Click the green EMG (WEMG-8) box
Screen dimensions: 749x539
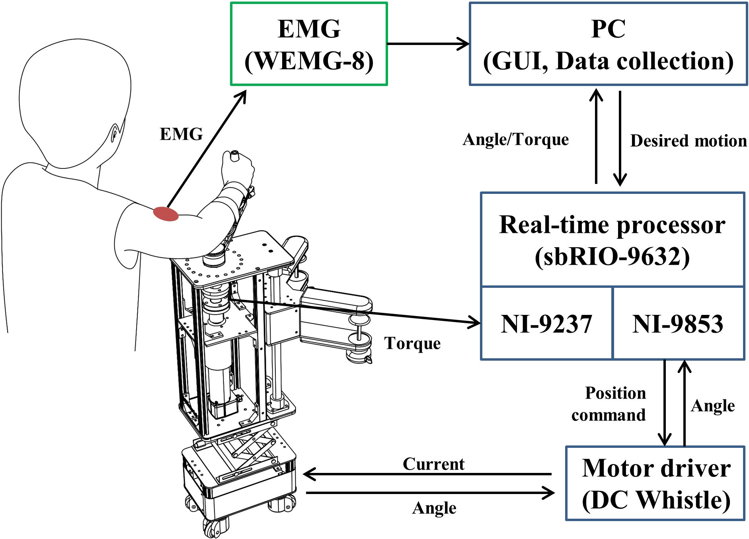click(309, 44)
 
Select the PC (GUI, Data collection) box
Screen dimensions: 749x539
click(608, 44)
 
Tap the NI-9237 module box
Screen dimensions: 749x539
click(546, 323)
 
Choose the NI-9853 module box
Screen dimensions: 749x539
click(679, 323)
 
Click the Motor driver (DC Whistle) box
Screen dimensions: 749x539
click(655, 483)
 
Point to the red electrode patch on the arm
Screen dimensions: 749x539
click(166, 214)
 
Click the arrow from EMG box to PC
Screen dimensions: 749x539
click(428, 44)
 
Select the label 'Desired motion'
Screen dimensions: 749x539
click(689, 141)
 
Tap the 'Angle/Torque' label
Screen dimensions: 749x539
click(516, 140)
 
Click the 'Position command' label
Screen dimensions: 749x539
click(609, 404)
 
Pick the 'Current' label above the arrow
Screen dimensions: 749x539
click(433, 464)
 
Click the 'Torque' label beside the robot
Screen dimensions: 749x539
click(412, 344)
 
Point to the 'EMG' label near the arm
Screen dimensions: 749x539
click(181, 134)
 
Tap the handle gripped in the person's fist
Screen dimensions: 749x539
click(234, 156)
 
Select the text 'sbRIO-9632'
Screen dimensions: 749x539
click(612, 257)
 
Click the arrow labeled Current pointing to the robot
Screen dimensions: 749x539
click(427, 474)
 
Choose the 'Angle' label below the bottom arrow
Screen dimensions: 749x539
click(434, 508)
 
